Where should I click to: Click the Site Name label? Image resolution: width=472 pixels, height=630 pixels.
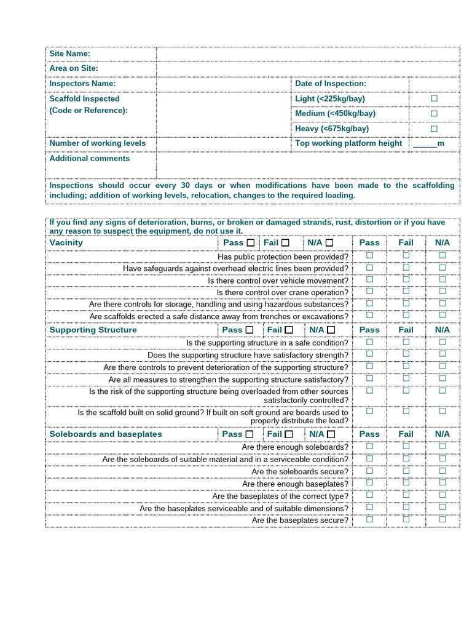click(69, 54)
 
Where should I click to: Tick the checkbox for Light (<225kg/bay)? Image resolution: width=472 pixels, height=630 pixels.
click(434, 98)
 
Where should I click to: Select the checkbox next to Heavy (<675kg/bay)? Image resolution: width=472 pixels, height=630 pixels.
click(434, 129)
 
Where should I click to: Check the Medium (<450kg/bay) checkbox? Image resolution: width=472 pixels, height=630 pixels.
click(434, 113)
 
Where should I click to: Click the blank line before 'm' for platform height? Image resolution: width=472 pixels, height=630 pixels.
click(425, 143)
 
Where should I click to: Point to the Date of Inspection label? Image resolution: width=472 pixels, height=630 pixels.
click(330, 84)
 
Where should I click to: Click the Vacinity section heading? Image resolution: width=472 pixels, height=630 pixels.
click(66, 242)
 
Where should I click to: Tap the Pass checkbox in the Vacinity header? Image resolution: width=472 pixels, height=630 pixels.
click(250, 242)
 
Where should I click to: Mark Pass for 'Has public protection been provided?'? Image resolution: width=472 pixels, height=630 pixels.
click(369, 255)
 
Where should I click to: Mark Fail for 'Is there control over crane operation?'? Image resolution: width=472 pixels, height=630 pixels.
click(406, 292)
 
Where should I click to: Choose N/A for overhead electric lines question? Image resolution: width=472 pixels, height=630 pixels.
click(442, 268)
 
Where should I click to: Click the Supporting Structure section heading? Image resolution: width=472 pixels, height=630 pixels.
click(93, 330)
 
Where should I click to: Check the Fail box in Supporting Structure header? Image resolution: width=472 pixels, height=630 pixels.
click(289, 330)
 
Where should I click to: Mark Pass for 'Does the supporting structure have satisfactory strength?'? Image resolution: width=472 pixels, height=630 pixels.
click(369, 354)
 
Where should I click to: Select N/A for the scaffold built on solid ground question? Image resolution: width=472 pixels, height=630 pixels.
click(442, 411)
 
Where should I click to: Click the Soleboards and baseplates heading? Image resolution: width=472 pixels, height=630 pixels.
click(106, 434)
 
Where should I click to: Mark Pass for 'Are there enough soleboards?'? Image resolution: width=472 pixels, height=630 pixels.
click(369, 446)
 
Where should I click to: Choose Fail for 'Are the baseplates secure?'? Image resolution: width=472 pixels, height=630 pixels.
click(406, 519)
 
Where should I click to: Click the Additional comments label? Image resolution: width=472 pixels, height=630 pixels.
click(89, 159)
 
